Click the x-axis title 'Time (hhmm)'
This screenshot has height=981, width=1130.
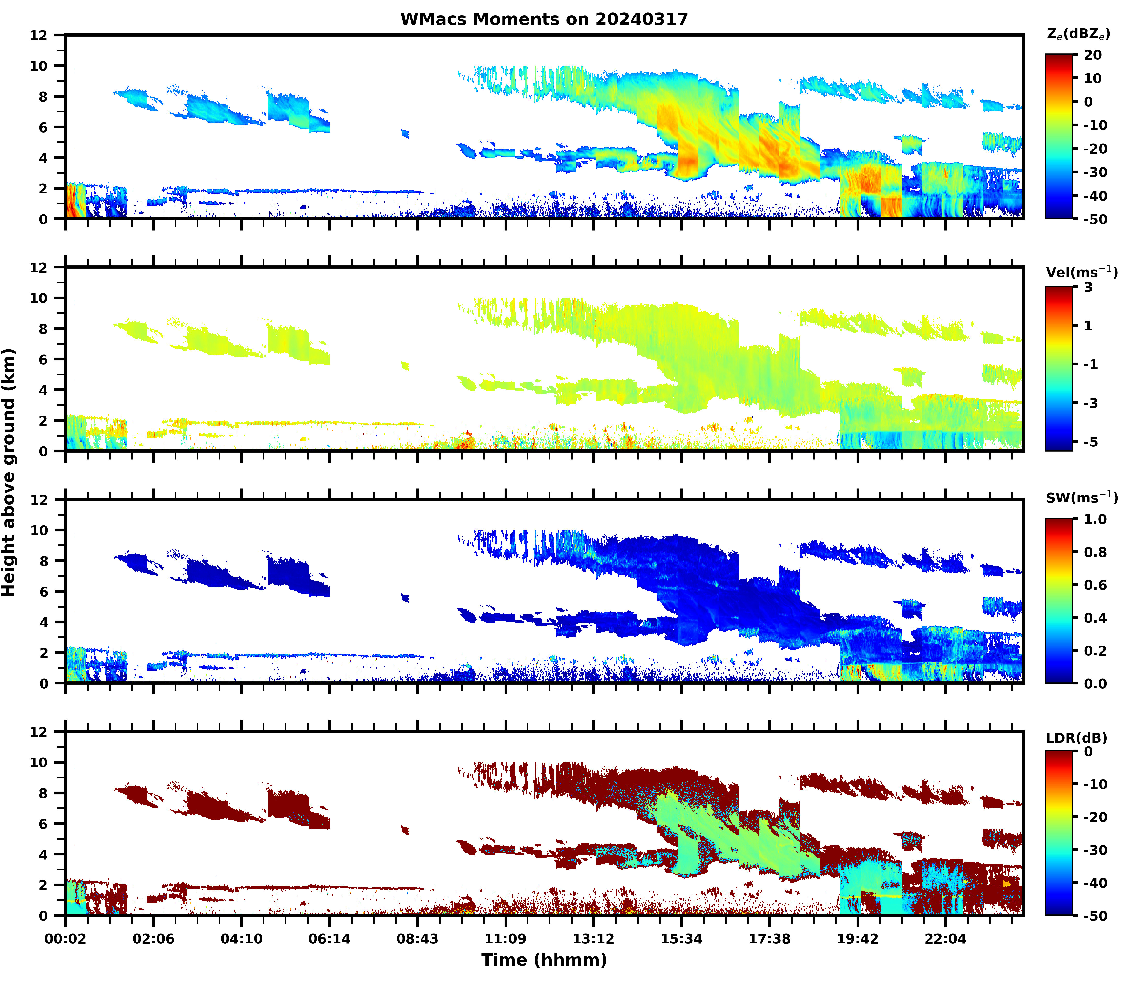pos(544,959)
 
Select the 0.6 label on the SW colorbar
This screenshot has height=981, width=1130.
pos(1095,585)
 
